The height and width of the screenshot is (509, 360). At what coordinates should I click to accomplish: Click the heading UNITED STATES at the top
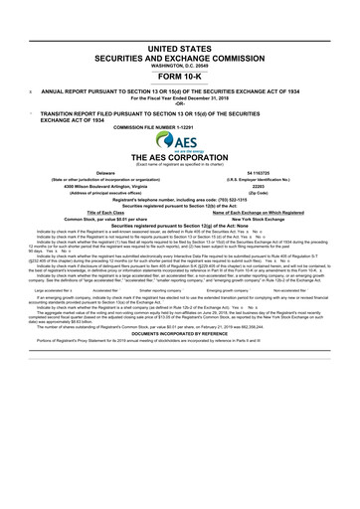179,48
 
